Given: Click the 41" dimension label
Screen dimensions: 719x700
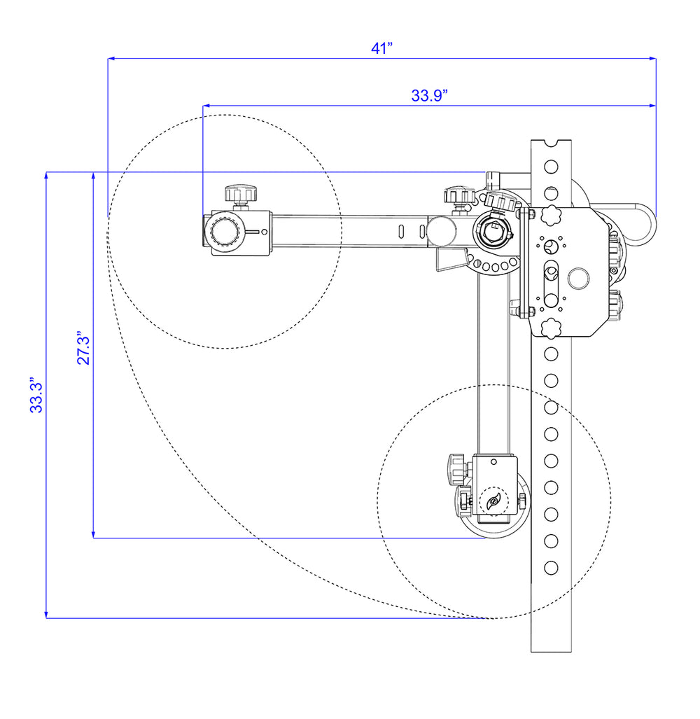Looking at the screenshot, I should coord(382,48).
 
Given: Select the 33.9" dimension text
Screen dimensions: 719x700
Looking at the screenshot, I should coord(429,96).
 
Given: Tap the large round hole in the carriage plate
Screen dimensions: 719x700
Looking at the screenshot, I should coord(579,278).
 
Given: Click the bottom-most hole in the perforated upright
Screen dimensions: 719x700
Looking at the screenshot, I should coord(551,567).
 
